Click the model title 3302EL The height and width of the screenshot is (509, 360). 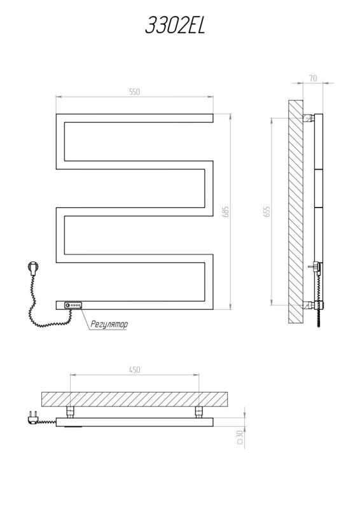(176, 25)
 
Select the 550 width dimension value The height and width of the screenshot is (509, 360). (134, 92)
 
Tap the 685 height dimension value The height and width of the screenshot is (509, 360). (226, 211)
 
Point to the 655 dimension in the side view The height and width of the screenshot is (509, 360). (267, 211)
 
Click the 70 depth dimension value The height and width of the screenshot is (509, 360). (313, 78)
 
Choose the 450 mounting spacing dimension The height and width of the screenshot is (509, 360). (134, 370)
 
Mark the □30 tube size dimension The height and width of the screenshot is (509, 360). (240, 437)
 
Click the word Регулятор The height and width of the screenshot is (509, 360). (109, 324)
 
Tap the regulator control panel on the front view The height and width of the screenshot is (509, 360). (73, 305)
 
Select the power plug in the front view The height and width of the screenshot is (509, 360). (34, 268)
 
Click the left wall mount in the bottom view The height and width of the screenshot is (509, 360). (71, 412)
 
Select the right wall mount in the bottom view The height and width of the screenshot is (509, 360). (198, 412)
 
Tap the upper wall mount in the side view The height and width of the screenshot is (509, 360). (308, 118)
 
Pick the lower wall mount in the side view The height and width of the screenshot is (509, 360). (308, 305)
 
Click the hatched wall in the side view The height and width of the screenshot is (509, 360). (296, 211)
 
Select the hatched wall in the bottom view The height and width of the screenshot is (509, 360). (134, 400)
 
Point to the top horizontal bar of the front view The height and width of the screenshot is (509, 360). (134, 118)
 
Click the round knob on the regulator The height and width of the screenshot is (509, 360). (67, 305)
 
